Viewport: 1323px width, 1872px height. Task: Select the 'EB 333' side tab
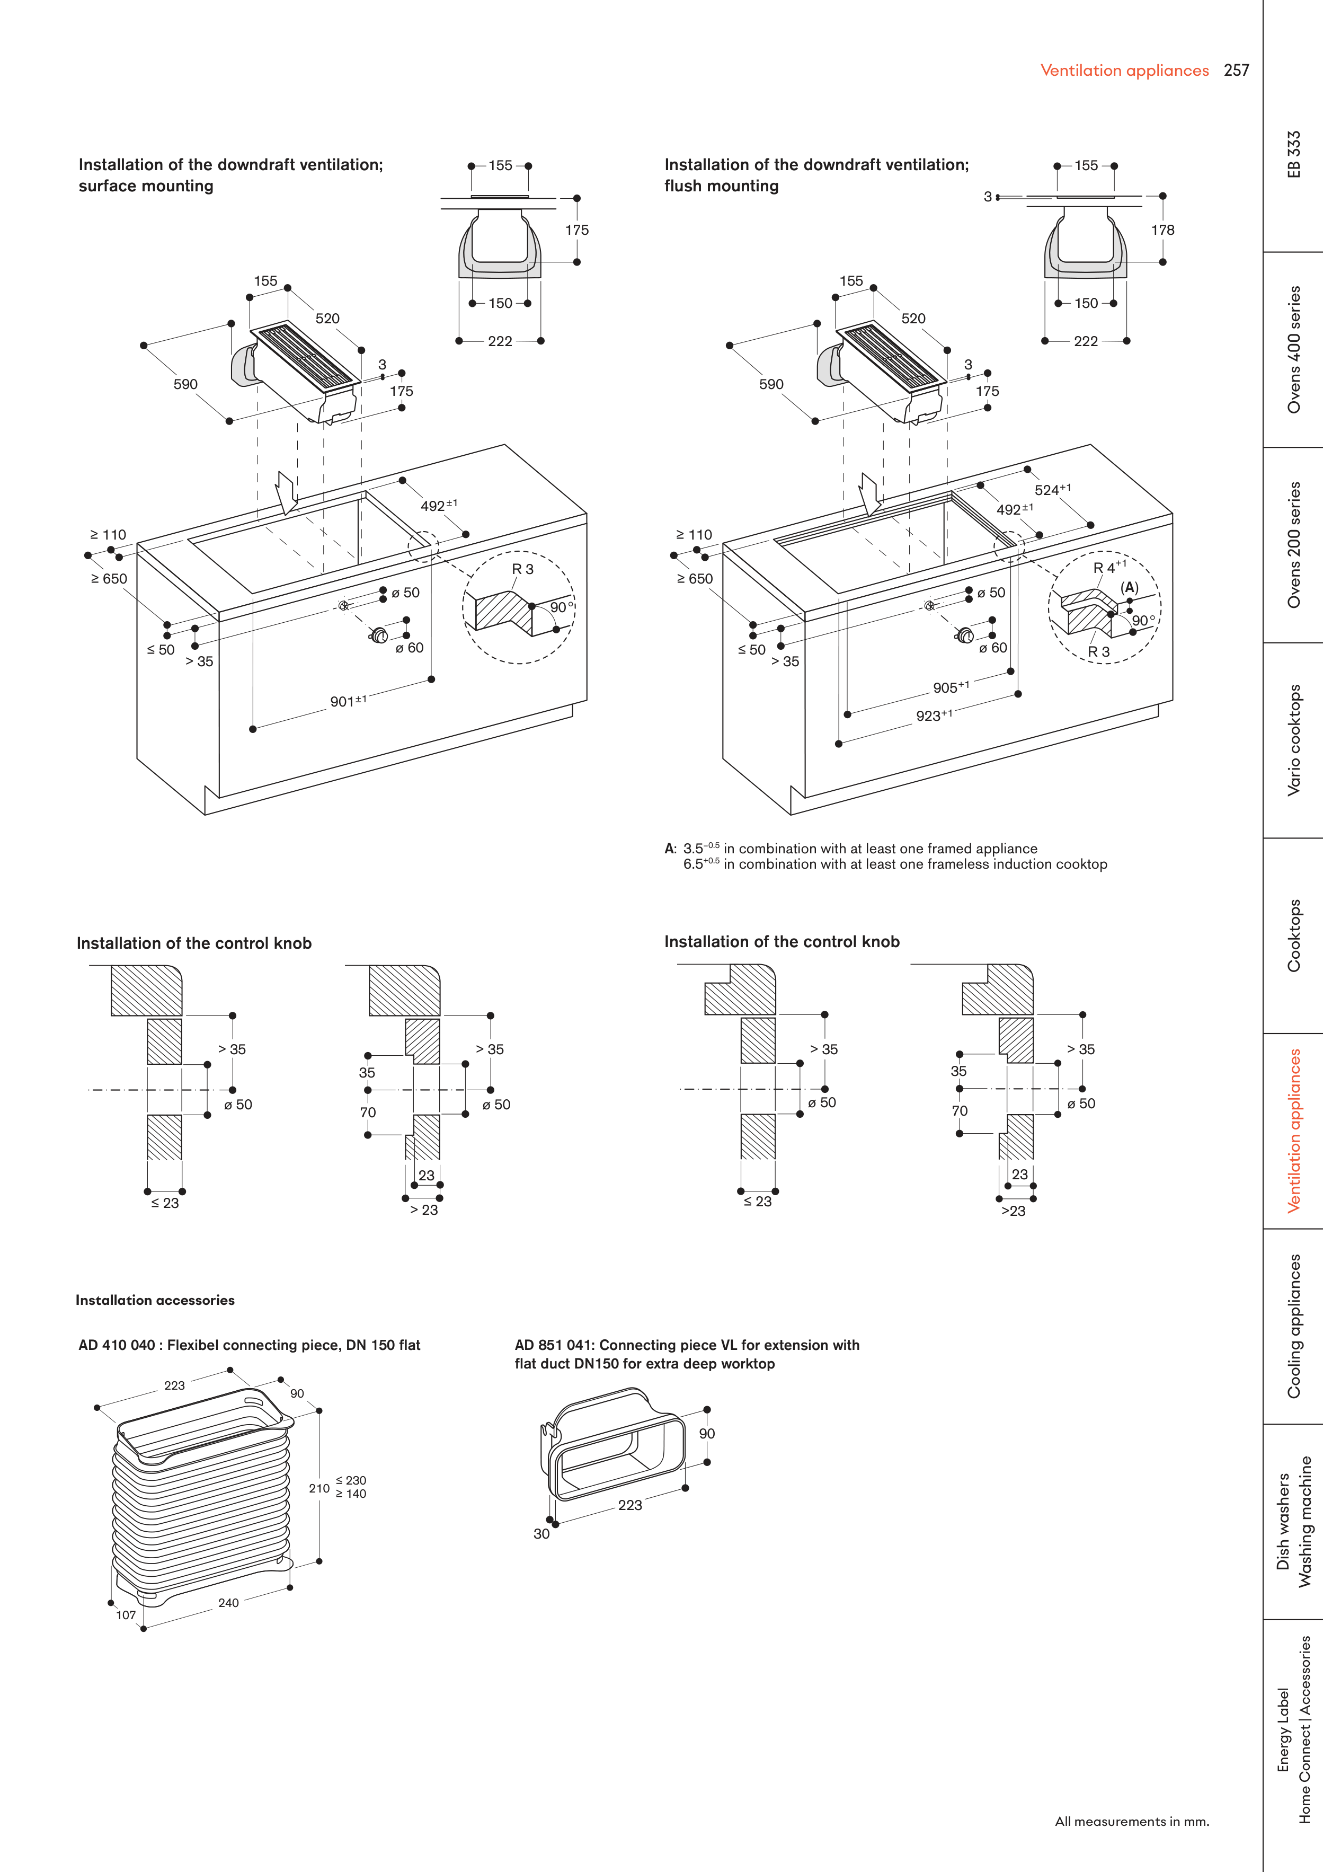coord(1294,155)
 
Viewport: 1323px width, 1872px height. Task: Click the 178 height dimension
coord(1162,230)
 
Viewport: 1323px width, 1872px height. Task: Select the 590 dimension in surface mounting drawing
coord(186,384)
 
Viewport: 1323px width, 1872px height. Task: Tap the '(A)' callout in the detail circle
coord(1129,587)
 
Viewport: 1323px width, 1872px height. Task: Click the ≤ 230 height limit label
coord(351,1480)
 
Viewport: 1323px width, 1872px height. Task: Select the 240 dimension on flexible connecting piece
coord(228,1603)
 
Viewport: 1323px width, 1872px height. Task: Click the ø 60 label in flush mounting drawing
coord(993,647)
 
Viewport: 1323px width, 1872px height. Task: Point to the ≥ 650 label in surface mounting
coord(109,579)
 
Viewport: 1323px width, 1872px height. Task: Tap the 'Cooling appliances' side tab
coord(1294,1326)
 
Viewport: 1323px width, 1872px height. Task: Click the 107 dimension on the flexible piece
coord(126,1615)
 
